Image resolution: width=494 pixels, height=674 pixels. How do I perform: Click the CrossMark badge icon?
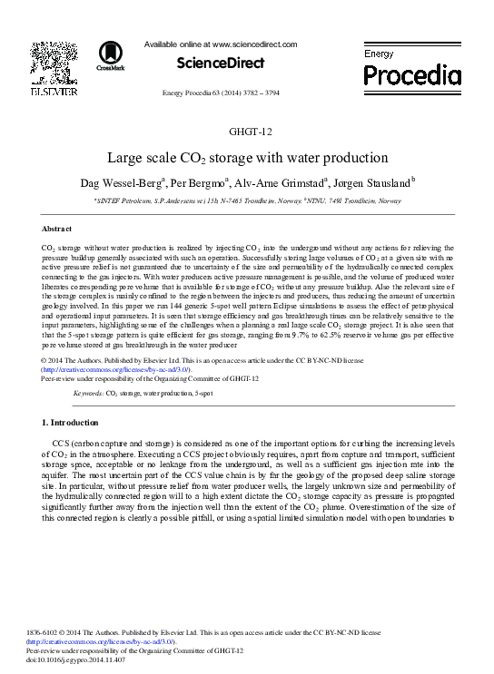point(104,56)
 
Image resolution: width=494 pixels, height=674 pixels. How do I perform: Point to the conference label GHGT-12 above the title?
point(246,132)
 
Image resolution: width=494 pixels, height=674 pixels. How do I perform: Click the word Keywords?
point(88,395)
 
